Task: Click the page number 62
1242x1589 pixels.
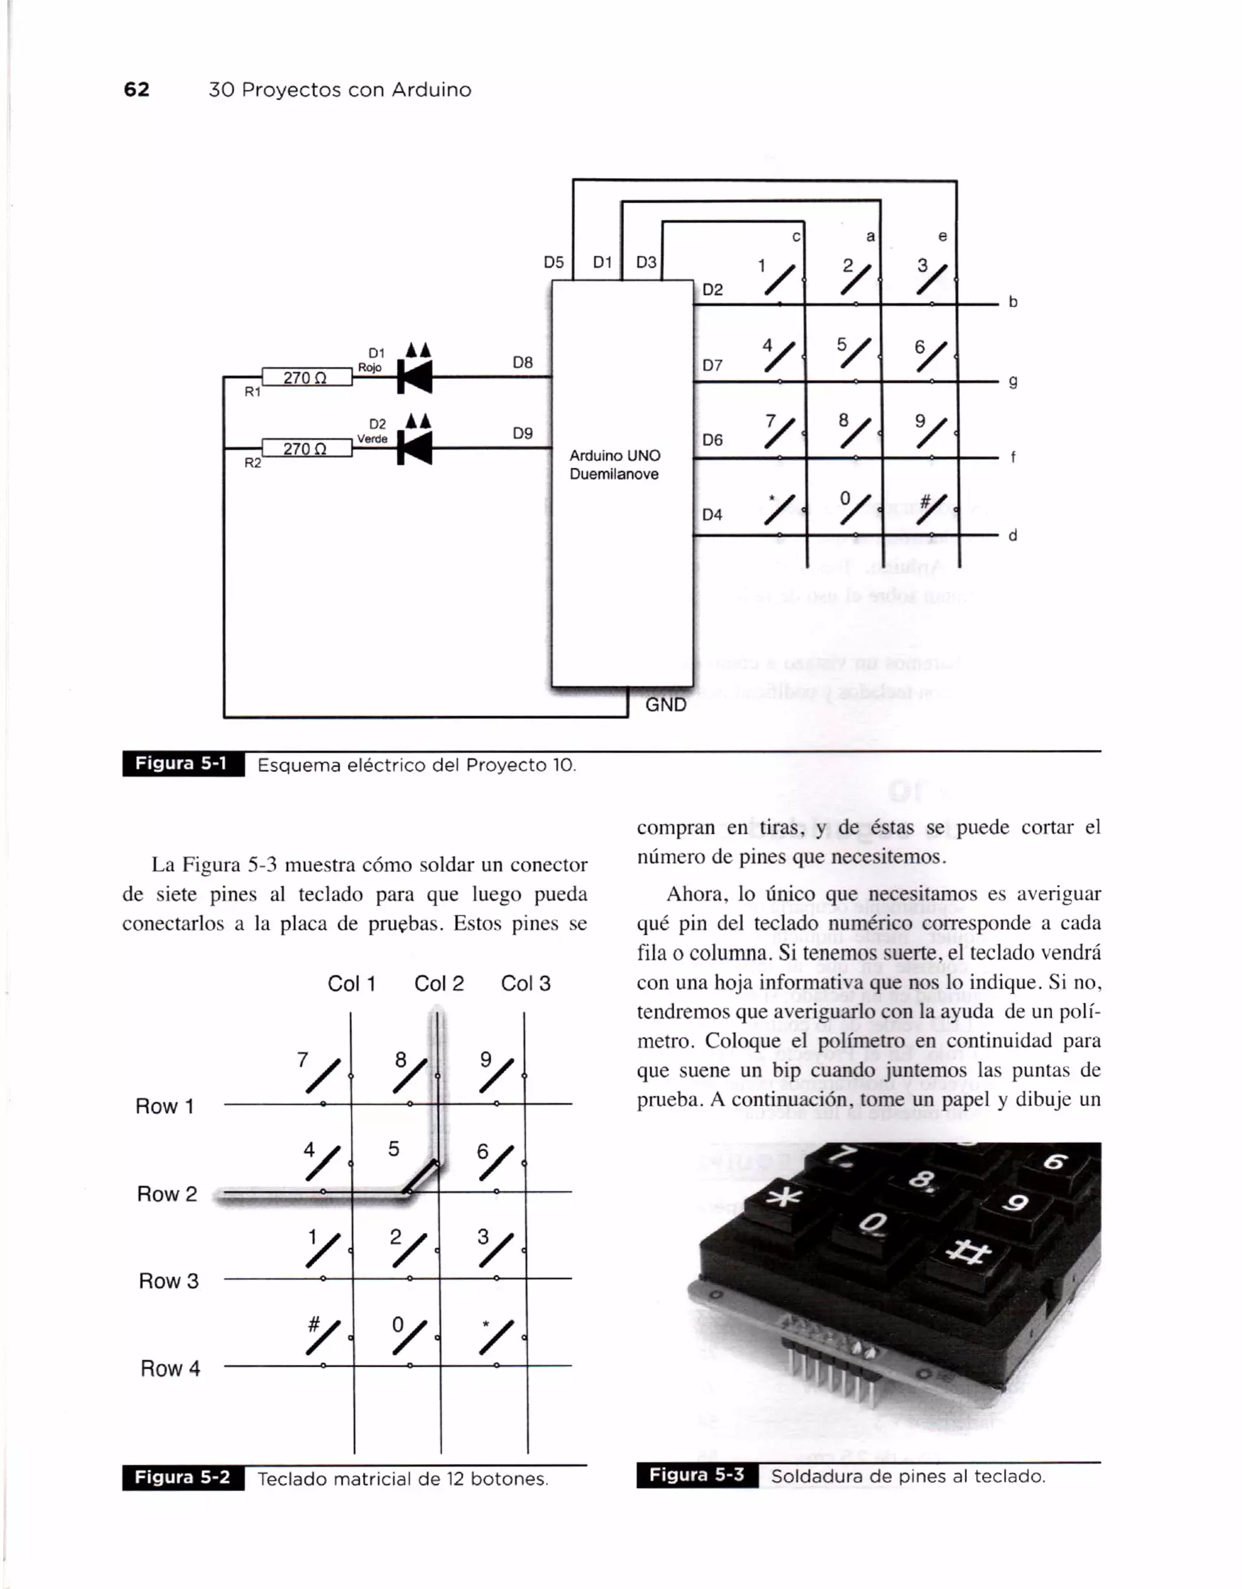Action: click(137, 90)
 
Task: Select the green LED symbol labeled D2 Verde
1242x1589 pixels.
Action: click(415, 447)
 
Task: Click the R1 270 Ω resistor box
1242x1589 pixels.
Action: click(306, 377)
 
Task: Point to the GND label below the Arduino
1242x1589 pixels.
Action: click(665, 705)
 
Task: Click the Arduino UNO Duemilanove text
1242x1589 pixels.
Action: click(614, 465)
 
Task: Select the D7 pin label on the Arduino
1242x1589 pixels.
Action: click(713, 365)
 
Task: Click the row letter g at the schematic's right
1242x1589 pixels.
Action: click(1012, 381)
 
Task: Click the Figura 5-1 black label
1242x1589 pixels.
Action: click(183, 764)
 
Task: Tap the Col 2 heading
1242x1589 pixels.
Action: click(438, 984)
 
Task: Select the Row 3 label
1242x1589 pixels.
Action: click(168, 1280)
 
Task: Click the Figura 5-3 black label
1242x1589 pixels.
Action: click(696, 1475)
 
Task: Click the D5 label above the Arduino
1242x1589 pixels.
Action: click(554, 262)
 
